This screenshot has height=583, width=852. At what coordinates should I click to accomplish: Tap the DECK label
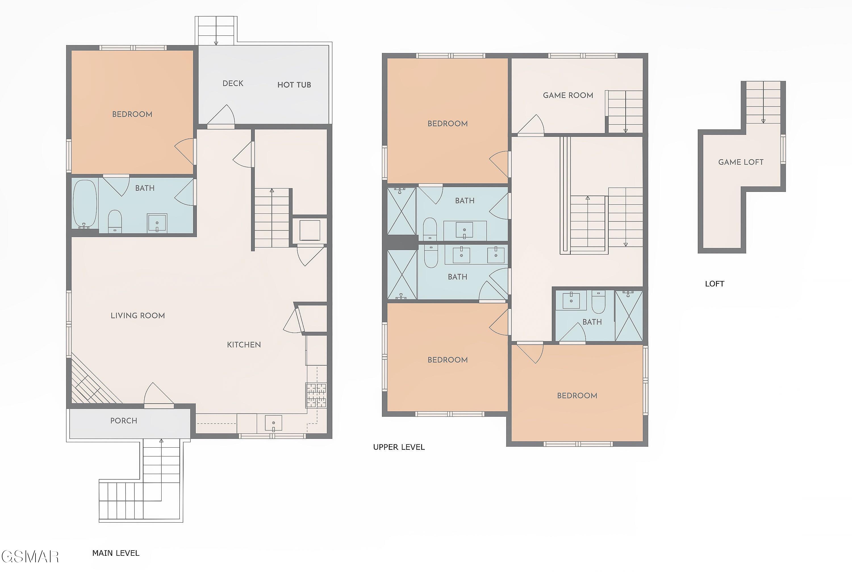(x=233, y=83)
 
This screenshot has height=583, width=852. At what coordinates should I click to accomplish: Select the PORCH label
(x=124, y=421)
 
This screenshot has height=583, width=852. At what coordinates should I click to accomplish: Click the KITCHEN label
(x=244, y=345)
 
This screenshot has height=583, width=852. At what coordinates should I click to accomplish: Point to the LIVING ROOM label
(x=137, y=316)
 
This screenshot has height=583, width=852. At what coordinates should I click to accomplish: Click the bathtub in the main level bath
(x=85, y=204)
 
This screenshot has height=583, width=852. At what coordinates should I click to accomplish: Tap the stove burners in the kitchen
(x=316, y=395)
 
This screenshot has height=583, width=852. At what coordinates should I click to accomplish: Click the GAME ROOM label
(x=568, y=95)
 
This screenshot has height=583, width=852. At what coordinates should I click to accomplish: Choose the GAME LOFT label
(x=741, y=162)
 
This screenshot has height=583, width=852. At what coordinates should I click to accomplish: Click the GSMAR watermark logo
(x=30, y=557)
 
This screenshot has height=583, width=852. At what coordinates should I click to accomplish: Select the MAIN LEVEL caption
(x=116, y=553)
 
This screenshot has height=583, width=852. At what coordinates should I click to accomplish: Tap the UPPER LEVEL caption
(x=399, y=447)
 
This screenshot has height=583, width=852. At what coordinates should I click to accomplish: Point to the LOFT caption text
(x=715, y=284)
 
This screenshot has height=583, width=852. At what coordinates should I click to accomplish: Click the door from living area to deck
(x=221, y=117)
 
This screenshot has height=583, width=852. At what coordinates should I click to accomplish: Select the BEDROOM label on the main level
(x=132, y=114)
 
